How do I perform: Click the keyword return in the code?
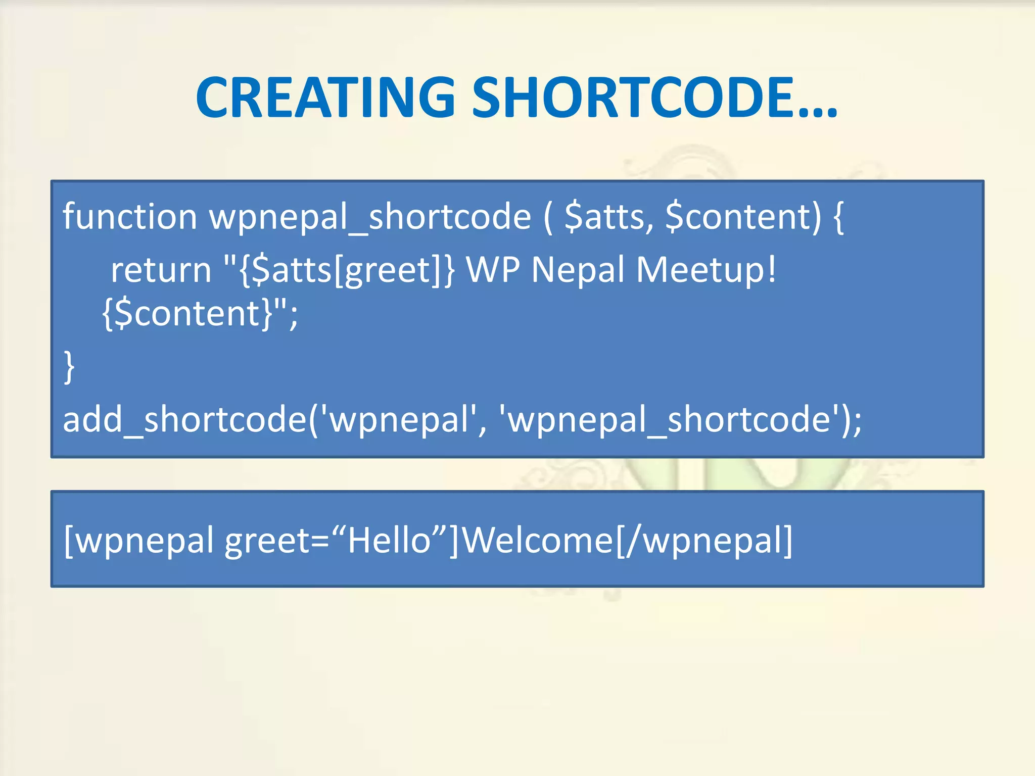[x=161, y=270]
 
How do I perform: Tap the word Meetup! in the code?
[x=705, y=270]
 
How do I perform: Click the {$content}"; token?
[x=200, y=314]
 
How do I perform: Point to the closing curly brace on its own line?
[x=69, y=368]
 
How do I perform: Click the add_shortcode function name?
[x=184, y=420]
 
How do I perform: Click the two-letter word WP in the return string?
[x=492, y=270]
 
